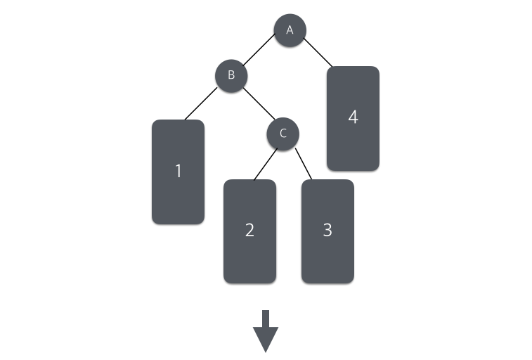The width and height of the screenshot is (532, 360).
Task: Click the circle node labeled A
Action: click(290, 30)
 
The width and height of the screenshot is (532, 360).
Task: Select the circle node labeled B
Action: click(231, 75)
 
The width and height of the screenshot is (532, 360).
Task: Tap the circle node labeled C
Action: click(283, 134)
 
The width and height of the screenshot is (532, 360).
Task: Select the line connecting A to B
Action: click(259, 53)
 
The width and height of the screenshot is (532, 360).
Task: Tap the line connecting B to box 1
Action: click(202, 103)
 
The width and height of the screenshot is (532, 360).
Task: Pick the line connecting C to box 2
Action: click(264, 164)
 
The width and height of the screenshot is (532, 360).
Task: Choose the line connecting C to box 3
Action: click(304, 164)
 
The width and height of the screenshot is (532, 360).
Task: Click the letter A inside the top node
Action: click(290, 30)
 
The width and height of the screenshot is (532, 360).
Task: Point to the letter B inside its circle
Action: click(231, 75)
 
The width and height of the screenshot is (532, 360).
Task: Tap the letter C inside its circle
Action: click(283, 134)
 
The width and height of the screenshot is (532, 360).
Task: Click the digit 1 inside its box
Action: click(178, 171)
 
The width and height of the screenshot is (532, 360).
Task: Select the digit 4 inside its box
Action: click(353, 117)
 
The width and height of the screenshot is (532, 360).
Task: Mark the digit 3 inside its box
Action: click(327, 230)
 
